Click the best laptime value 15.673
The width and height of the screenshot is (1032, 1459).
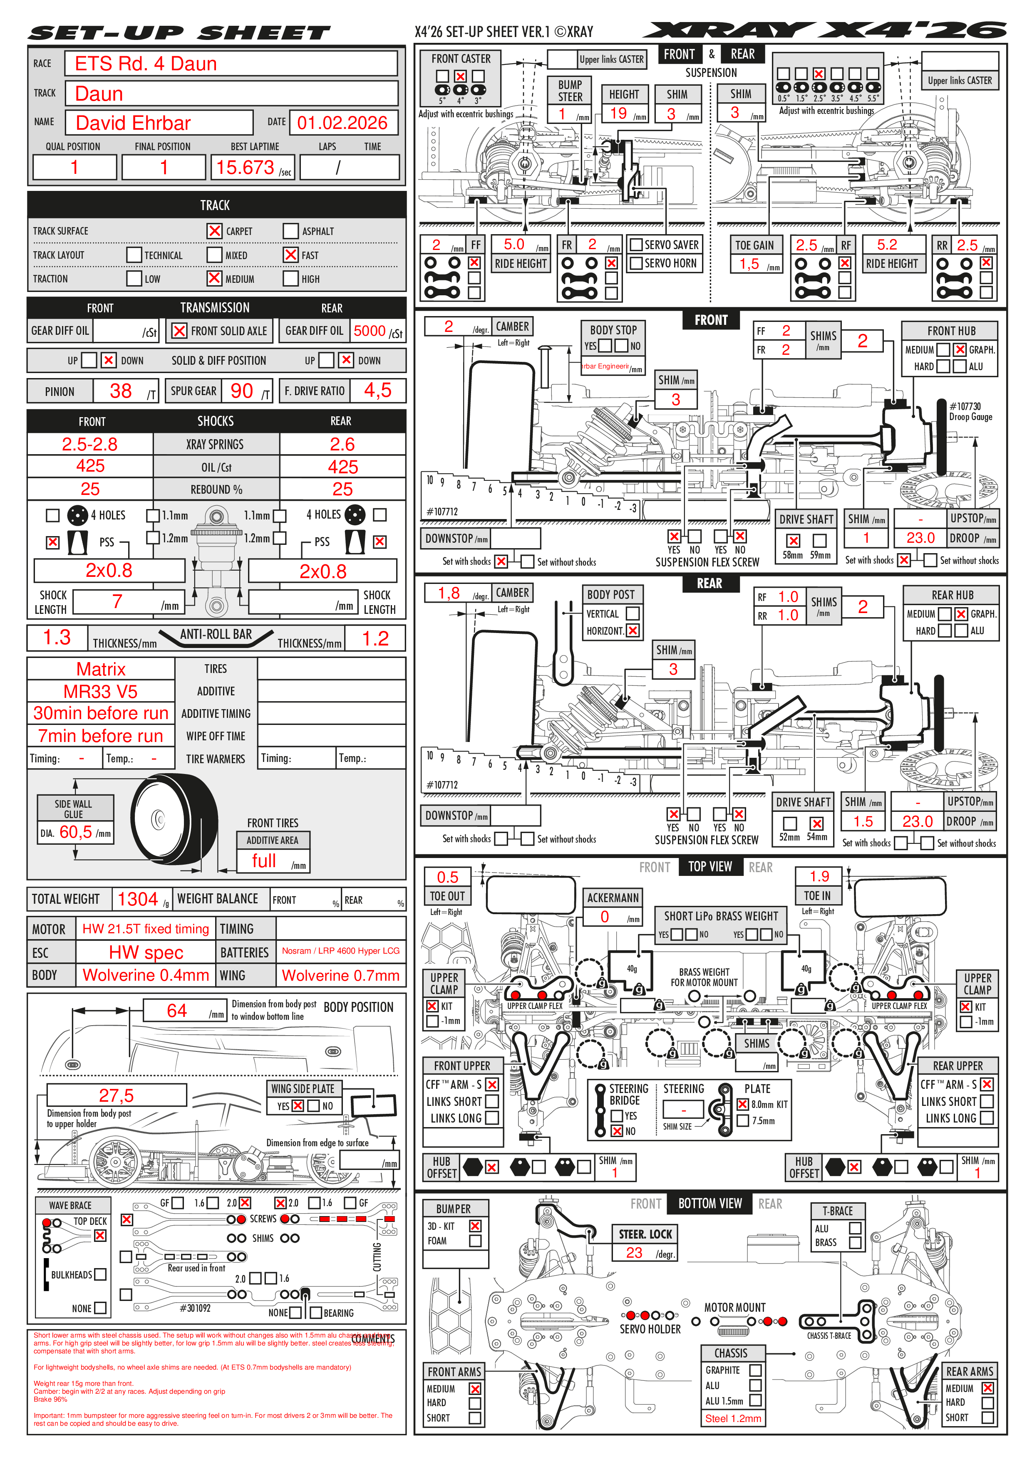click(245, 167)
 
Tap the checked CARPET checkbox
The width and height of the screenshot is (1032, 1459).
click(215, 231)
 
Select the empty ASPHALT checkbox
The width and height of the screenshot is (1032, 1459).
click(290, 231)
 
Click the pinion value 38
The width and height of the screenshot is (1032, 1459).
click(121, 391)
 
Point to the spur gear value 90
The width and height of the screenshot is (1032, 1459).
click(242, 391)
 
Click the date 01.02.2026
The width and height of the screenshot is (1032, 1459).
click(342, 123)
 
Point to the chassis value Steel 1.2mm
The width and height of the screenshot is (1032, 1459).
click(733, 1418)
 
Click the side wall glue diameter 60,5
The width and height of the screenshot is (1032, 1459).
click(76, 832)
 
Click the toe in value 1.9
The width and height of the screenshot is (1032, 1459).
click(819, 876)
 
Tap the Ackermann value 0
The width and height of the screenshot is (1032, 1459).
click(605, 916)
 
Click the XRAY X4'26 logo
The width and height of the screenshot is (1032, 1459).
click(824, 30)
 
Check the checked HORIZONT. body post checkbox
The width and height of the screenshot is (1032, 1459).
click(633, 631)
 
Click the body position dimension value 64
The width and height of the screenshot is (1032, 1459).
click(177, 1010)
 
